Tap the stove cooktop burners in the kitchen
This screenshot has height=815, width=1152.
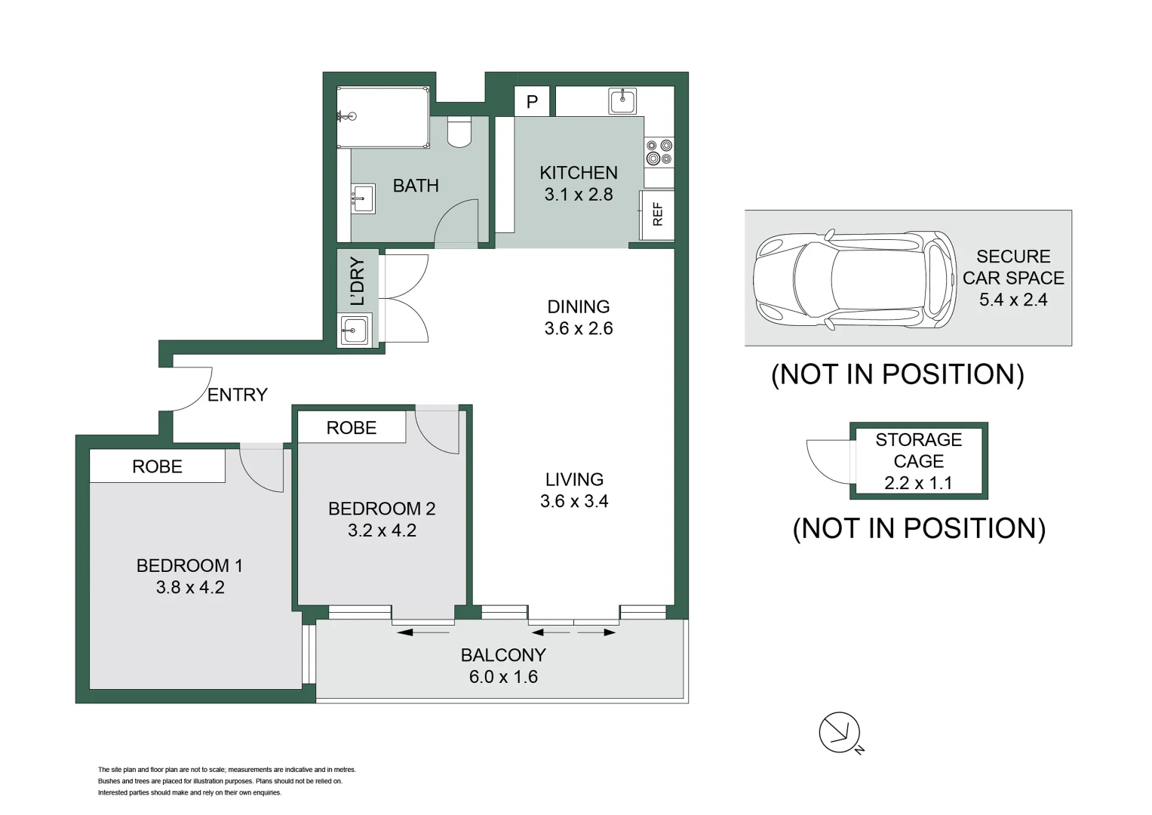pos(659,152)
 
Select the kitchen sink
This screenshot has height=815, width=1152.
pos(622,100)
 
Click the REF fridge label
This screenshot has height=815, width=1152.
pos(657,214)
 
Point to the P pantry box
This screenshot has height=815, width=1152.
pos(532,102)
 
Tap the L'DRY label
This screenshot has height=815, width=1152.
pos(358,281)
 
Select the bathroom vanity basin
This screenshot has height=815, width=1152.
pos(363,199)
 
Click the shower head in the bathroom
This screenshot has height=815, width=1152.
pos(348,116)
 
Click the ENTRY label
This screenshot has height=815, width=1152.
pos(237,395)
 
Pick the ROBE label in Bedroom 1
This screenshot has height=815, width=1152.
pos(157,466)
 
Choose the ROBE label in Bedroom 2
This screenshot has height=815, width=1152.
pos(351,428)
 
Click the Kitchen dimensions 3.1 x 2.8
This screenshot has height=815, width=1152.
pos(578,195)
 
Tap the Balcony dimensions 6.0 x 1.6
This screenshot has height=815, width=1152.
pos(503,677)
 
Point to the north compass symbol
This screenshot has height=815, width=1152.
pos(840,732)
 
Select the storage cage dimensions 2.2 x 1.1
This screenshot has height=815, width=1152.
pos(918,483)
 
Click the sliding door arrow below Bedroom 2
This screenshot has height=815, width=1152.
pos(422,632)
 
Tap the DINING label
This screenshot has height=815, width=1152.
pos(578,306)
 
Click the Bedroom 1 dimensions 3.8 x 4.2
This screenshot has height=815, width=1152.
pos(190,587)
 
